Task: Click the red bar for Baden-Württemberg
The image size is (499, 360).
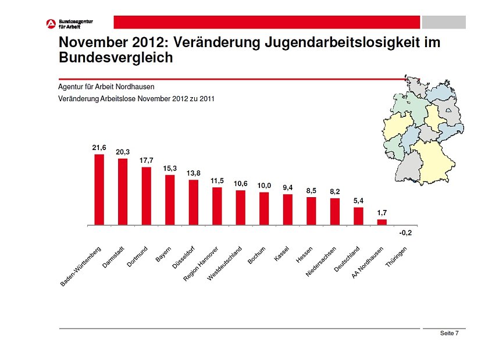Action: click(99, 190)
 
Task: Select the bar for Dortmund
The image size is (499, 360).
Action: click(146, 196)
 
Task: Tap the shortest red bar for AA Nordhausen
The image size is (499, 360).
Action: click(382, 222)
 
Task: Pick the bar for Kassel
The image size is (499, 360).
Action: click(287, 209)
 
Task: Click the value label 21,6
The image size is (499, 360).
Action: click(99, 148)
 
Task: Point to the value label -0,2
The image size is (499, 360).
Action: click(405, 233)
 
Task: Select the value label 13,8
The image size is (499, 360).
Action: click(193, 173)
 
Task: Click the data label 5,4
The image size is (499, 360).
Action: click(358, 201)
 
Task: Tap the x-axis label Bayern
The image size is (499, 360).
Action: click(164, 254)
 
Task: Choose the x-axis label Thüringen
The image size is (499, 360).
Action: click(400, 256)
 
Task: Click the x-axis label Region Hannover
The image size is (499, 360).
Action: click(201, 263)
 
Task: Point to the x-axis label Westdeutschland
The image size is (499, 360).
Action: click(224, 263)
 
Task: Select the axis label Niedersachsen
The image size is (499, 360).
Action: click(321, 261)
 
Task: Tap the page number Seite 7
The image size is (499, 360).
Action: click(449, 333)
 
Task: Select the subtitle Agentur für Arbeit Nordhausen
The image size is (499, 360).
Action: click(106, 87)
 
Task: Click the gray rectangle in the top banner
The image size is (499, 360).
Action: click(443, 22)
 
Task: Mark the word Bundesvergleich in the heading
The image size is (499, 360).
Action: click(116, 58)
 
